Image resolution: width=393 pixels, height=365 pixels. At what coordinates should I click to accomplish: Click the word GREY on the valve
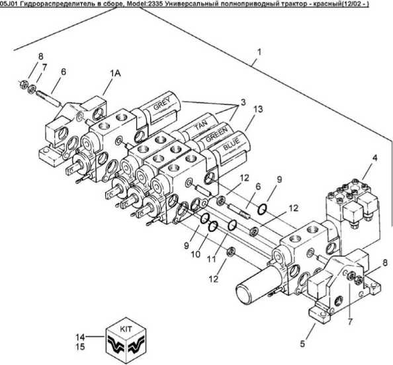[161, 103]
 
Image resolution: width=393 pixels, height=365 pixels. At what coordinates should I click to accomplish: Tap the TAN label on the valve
[201, 125]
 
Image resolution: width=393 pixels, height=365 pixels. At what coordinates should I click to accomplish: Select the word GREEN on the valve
[217, 134]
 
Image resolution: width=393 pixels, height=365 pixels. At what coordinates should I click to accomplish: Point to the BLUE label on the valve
[232, 145]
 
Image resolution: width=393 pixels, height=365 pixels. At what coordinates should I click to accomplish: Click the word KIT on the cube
[126, 329]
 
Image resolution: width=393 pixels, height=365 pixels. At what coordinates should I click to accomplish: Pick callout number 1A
[115, 73]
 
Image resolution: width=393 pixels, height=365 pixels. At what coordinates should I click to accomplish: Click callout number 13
[258, 110]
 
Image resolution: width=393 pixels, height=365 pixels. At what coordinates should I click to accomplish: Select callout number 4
[374, 158]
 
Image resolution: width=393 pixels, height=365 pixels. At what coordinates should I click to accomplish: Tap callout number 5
[302, 344]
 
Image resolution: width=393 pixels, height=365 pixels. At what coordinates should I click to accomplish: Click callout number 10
[196, 255]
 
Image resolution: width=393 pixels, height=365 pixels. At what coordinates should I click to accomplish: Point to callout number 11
[211, 259]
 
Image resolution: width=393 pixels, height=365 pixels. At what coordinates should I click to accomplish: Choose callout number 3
[243, 102]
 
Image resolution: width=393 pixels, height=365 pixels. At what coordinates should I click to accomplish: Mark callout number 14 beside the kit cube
[81, 337]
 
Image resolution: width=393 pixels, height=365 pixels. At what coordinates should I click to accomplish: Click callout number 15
[81, 347]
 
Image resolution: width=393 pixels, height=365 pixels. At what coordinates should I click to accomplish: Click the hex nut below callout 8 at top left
[23, 83]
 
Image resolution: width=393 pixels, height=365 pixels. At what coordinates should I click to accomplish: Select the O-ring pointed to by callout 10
[213, 226]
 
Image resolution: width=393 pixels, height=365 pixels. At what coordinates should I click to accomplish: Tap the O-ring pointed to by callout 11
[232, 225]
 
